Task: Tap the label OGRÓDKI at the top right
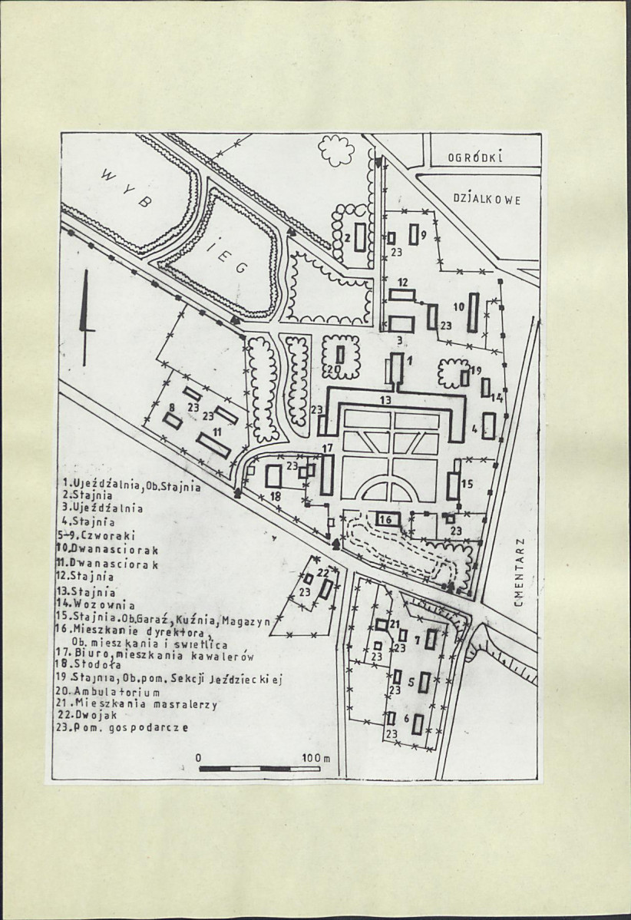tap(475, 158)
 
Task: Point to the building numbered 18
tap(273, 476)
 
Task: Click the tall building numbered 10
tap(474, 313)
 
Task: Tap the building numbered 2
tap(360, 236)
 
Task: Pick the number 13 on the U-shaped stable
tap(385, 400)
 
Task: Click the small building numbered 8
tap(173, 421)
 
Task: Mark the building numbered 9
tap(413, 234)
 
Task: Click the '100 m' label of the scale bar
tap(315, 758)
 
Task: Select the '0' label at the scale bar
tap(199, 758)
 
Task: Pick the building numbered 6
tap(418, 724)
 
